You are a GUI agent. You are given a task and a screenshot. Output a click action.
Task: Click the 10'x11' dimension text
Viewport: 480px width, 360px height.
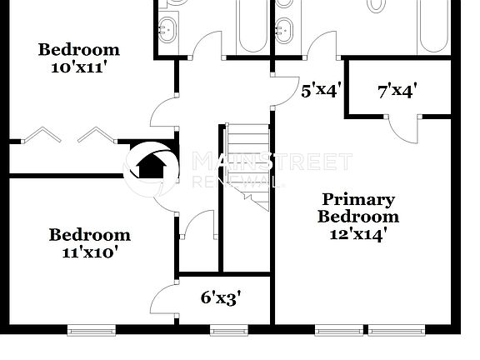pyautogui.click(x=79, y=67)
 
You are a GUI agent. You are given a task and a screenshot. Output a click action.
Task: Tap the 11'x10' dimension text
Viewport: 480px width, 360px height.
pyautogui.click(x=89, y=252)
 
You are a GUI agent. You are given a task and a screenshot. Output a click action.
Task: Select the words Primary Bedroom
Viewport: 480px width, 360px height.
pyautogui.click(x=358, y=208)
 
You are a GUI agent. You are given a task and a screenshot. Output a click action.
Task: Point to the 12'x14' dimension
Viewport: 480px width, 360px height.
pyautogui.click(x=358, y=234)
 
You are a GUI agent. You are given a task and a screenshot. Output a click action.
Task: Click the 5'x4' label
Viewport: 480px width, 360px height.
pyautogui.click(x=321, y=90)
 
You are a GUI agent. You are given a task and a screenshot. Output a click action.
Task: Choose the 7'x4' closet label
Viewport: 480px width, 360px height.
pyautogui.click(x=397, y=90)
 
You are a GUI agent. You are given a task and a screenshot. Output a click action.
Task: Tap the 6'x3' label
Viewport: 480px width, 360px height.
pyautogui.click(x=222, y=297)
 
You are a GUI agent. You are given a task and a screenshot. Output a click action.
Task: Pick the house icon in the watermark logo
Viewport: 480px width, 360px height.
pyautogui.click(x=151, y=167)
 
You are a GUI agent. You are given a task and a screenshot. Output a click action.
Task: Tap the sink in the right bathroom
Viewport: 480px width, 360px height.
pyautogui.click(x=285, y=29)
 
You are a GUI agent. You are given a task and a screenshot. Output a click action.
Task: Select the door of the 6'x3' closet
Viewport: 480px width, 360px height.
pyautogui.click(x=164, y=295)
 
